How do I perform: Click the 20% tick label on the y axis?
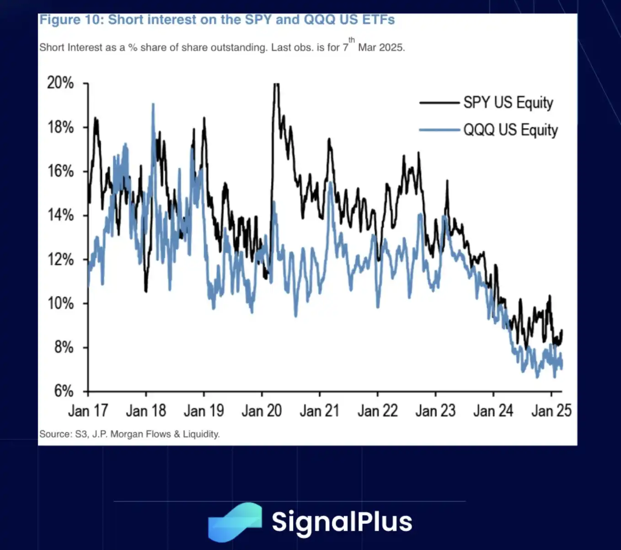click(60, 83)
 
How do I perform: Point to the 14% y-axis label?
click(60, 215)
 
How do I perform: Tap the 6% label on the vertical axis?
click(64, 391)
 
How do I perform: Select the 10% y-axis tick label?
click(60, 303)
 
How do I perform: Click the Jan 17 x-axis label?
click(88, 410)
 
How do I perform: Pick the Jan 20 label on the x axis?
click(262, 410)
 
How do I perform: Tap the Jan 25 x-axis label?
click(551, 410)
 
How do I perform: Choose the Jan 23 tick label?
click(435, 410)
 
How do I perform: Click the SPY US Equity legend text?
click(508, 102)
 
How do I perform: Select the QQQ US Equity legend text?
click(510, 130)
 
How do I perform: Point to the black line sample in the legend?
click(439, 103)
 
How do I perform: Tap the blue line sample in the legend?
click(439, 130)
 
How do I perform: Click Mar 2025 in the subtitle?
click(381, 48)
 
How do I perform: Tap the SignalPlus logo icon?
click(235, 522)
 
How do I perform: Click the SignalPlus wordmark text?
click(342, 522)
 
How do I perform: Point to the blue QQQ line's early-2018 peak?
click(153, 104)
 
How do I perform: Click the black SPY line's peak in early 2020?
click(276, 85)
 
